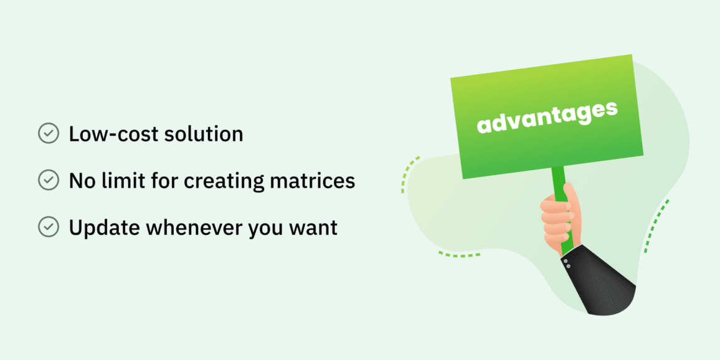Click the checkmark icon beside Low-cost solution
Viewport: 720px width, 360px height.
point(48,134)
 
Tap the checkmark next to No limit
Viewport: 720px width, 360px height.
point(48,180)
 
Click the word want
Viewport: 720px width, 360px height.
point(315,228)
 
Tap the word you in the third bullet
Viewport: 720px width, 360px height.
point(267,230)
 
